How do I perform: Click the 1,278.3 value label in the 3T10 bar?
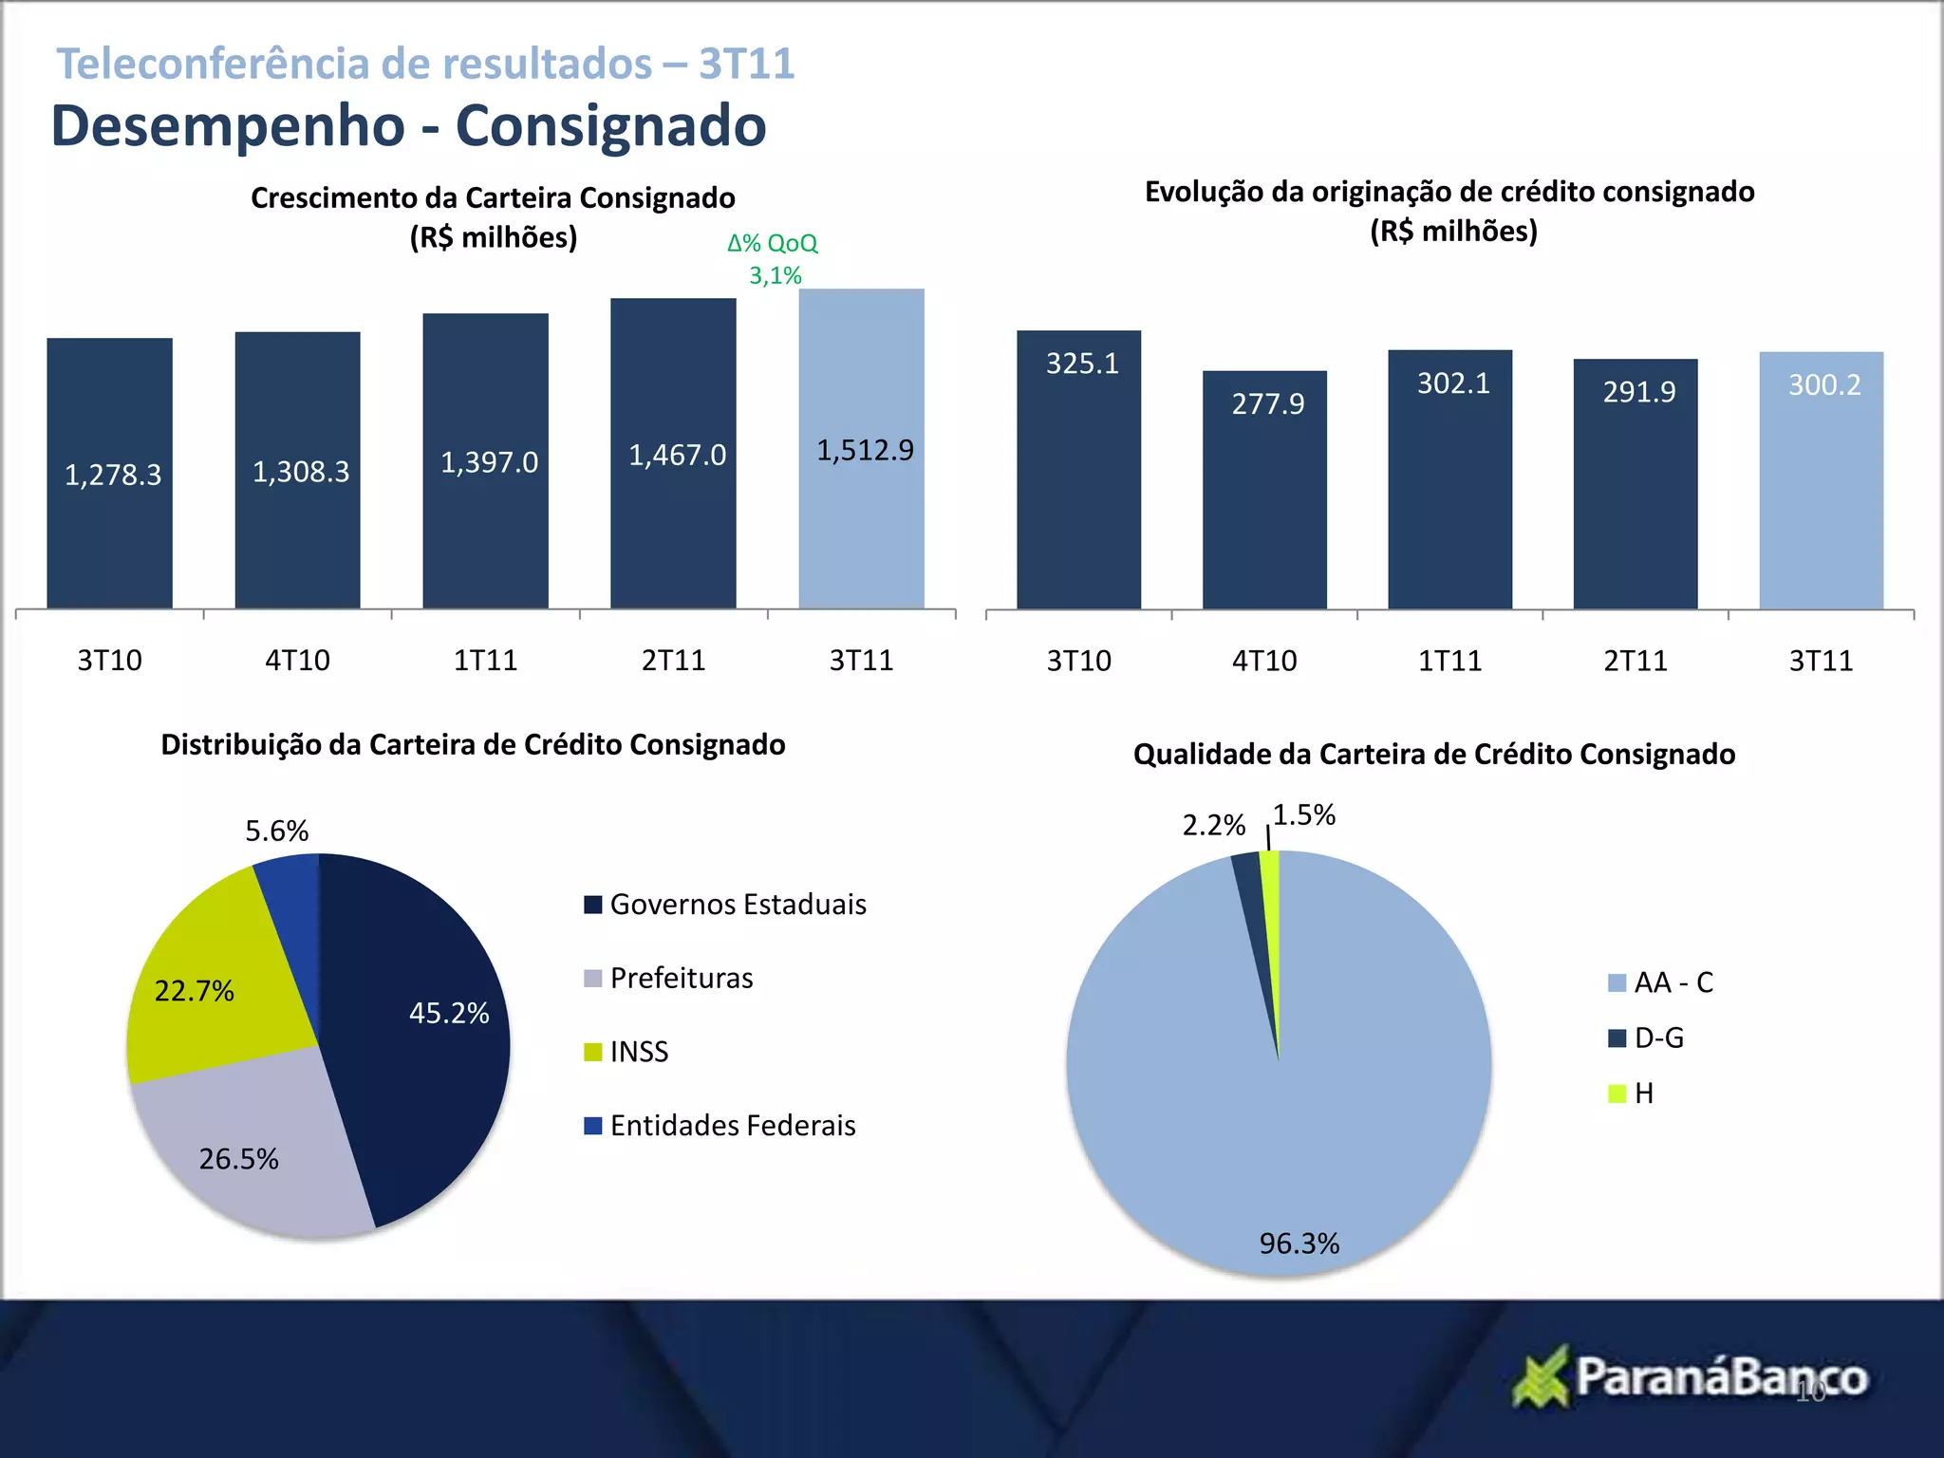(113, 475)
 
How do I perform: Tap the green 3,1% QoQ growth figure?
(775, 276)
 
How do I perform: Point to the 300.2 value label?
(1823, 385)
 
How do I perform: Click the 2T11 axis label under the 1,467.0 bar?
(673, 661)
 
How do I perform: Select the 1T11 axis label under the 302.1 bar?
(1449, 661)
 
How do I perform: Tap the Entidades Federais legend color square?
(593, 1126)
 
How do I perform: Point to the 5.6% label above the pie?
(276, 832)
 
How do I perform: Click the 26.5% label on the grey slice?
(238, 1159)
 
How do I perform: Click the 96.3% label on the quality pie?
(1299, 1243)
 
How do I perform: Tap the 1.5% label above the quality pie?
(1303, 815)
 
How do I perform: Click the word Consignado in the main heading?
(610, 126)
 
